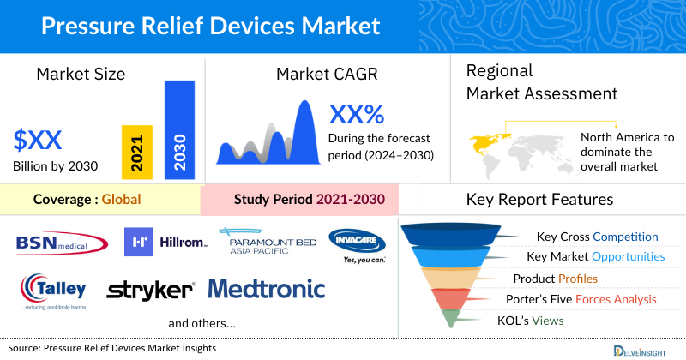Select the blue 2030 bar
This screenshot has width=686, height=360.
click(179, 129)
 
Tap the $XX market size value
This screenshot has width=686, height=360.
click(38, 139)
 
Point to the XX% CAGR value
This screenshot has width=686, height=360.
click(357, 114)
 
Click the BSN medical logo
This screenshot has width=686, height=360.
click(59, 243)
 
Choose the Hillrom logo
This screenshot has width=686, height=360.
click(165, 243)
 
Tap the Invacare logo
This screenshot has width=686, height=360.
click(358, 245)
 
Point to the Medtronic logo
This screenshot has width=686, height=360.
click(267, 289)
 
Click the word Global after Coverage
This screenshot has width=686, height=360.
click(121, 200)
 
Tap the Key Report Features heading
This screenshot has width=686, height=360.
click(539, 200)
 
